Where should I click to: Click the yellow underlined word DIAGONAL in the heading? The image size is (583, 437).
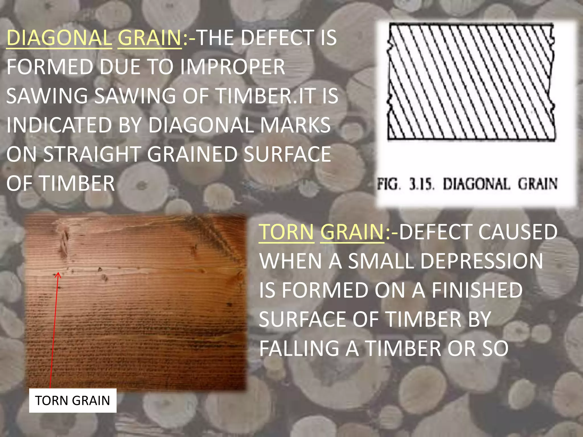click(59, 38)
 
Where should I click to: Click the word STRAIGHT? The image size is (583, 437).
click(92, 154)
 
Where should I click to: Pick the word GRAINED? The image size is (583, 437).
click(192, 154)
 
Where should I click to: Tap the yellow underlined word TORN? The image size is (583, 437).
click(286, 232)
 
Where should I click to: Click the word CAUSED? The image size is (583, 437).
click(518, 232)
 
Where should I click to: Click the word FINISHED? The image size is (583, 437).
click(477, 290)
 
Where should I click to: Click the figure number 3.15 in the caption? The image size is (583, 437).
click(422, 184)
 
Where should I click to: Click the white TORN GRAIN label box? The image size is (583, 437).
click(73, 401)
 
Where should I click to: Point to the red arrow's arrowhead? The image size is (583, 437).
click(58, 275)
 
